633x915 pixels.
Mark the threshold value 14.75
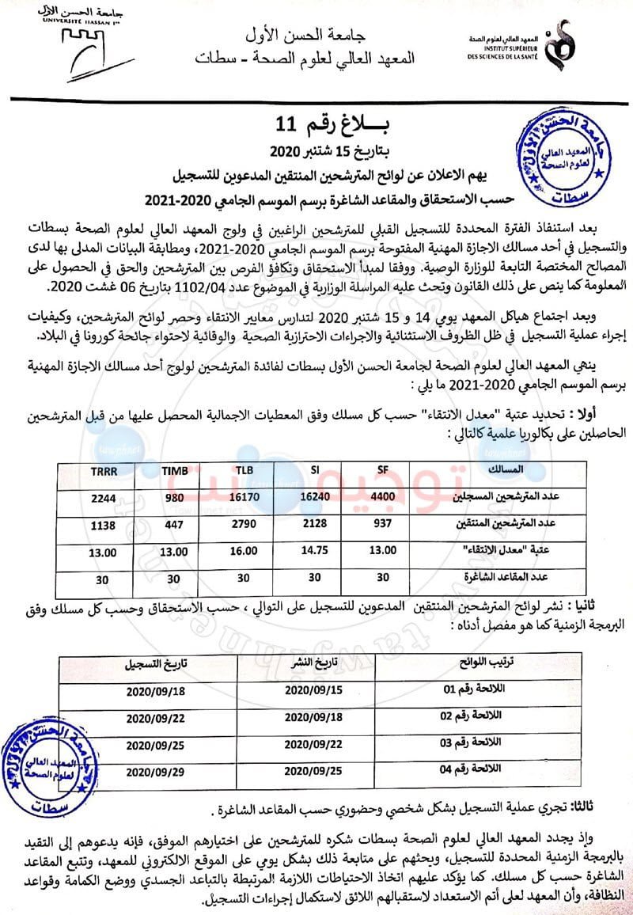313,552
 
